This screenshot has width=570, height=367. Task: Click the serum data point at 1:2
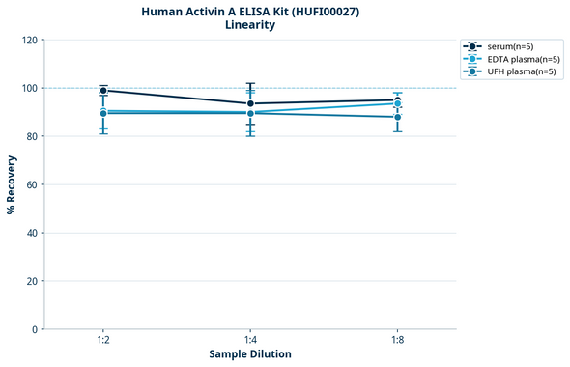click(x=103, y=91)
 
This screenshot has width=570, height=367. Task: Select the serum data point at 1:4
click(x=250, y=103)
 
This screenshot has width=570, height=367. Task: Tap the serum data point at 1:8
click(x=397, y=100)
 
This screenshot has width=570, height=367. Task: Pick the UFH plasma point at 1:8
click(x=397, y=117)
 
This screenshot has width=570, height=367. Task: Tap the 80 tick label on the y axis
click(x=32, y=137)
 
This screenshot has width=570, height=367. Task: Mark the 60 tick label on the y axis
click(x=32, y=185)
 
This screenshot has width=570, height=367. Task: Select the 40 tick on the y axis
click(x=32, y=234)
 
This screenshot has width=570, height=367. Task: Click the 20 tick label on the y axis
click(x=32, y=282)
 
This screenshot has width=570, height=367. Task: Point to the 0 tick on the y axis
click(x=35, y=330)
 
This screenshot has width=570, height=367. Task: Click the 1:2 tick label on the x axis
click(x=103, y=341)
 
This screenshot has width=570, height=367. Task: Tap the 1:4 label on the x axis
click(x=250, y=341)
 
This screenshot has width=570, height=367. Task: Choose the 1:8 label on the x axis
click(x=397, y=341)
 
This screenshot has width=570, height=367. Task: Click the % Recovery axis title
click(x=12, y=184)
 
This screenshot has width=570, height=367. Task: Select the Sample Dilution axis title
click(x=250, y=354)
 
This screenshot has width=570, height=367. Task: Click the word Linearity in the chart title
click(x=249, y=25)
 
